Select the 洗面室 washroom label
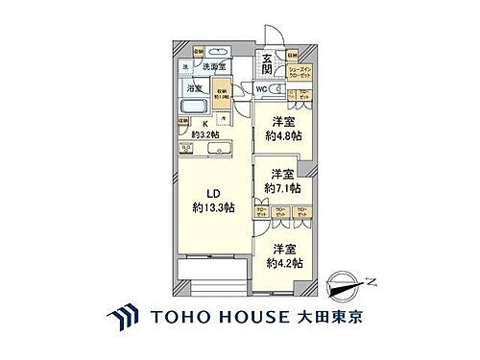[x=213, y=67]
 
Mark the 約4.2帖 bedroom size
[x=284, y=262]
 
